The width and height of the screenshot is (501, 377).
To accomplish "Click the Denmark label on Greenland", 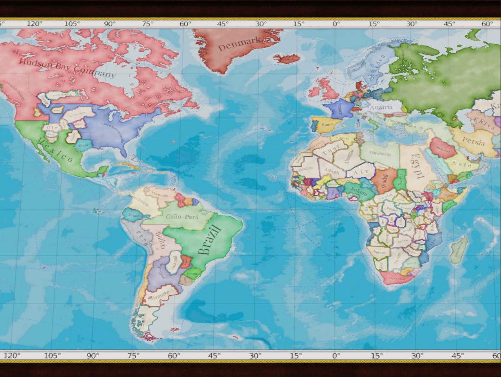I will point(240,44).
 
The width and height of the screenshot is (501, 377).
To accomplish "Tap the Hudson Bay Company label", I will point(67,68).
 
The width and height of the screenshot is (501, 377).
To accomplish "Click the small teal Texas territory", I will point(83,145).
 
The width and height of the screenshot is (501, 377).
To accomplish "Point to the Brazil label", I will point(210,240).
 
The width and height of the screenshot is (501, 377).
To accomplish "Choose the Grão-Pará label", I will point(182,217).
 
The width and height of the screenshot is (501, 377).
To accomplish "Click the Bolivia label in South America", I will point(160,240).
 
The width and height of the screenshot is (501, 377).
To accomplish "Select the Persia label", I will point(473,141).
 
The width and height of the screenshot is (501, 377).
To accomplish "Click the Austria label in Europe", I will point(381,107).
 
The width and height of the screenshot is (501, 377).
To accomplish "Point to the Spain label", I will point(327,124).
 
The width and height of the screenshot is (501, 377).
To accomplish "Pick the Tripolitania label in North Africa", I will point(380,154).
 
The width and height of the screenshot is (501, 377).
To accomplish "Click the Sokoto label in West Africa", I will point(358,191).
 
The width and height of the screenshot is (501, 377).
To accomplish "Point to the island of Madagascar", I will point(459,250).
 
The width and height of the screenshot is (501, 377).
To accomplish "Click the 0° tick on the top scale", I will point(336,24).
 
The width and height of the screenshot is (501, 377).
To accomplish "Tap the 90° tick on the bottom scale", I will point(92,356).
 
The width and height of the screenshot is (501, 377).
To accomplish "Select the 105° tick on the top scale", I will point(72,24).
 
